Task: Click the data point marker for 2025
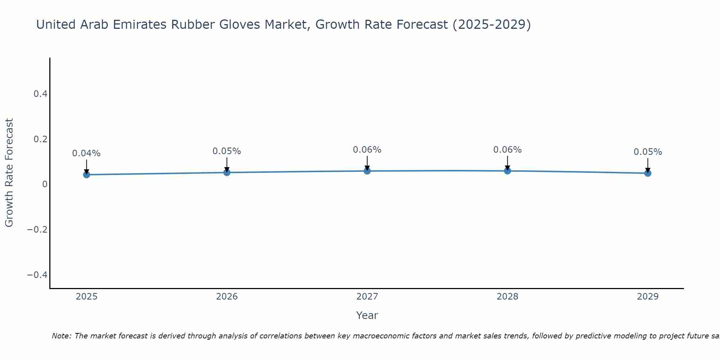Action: tap(86, 175)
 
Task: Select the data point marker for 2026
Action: tap(227, 172)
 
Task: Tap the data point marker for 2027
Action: tap(367, 171)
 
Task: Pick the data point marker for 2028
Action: tap(507, 171)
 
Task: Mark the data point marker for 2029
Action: tap(648, 173)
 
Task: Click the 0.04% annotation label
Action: tap(86, 153)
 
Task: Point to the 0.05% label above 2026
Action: tap(227, 151)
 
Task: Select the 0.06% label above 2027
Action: tap(367, 150)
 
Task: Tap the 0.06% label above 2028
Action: tap(507, 150)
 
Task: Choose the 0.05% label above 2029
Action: tap(648, 152)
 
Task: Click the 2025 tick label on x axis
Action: tap(86, 297)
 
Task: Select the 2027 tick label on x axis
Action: tap(367, 297)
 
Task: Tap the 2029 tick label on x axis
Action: tap(648, 297)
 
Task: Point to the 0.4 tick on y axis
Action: tap(40, 94)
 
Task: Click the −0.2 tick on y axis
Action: tap(37, 230)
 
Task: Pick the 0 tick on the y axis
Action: tap(45, 184)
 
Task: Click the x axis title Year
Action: tap(367, 315)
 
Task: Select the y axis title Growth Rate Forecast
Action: tap(9, 173)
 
